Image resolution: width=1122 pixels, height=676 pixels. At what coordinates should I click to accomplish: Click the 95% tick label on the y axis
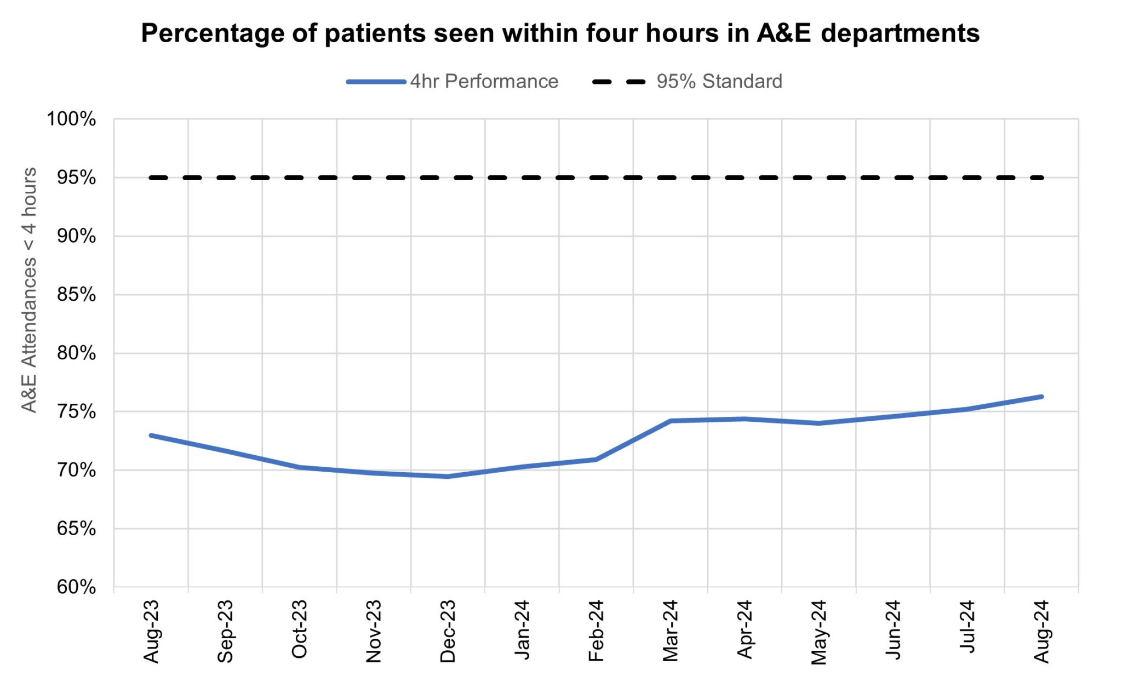[76, 178]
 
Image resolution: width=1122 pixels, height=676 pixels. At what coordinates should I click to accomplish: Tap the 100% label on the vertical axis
[71, 119]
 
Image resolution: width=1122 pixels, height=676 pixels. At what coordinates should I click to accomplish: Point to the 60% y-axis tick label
[76, 587]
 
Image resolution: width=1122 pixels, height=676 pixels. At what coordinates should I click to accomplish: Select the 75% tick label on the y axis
[76, 412]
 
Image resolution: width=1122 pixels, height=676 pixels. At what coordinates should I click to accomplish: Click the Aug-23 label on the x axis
[151, 631]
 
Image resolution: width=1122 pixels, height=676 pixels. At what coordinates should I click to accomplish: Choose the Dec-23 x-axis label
[448, 631]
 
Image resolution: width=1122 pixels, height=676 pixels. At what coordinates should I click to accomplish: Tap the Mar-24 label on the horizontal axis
[671, 631]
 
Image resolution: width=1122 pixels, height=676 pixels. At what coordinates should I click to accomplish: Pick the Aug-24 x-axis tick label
[1041, 631]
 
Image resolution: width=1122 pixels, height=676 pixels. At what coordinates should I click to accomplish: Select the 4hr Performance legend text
[484, 82]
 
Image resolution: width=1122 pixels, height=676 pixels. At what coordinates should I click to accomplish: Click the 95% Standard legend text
[719, 82]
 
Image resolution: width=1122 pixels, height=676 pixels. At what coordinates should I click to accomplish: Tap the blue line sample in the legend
[376, 82]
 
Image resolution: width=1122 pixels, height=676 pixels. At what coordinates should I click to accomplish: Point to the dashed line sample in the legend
[620, 82]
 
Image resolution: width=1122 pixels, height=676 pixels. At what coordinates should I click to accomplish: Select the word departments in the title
[900, 33]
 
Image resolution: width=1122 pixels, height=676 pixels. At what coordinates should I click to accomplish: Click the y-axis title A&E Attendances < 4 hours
[29, 290]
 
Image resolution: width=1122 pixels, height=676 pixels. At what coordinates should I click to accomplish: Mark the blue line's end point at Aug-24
[1041, 397]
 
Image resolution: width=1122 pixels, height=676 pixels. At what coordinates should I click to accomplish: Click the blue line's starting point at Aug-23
[151, 436]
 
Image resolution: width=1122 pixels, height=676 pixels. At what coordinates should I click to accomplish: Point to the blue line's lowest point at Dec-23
[448, 477]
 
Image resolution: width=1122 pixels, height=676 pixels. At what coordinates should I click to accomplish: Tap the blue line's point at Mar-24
[671, 421]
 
